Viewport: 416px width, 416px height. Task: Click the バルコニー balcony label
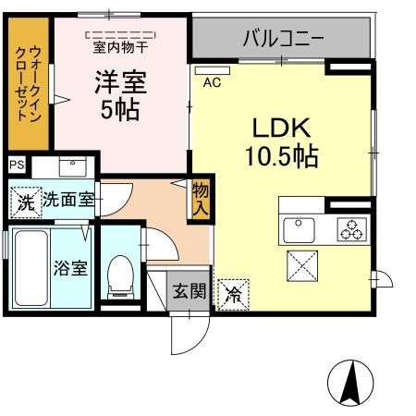tap(283, 38)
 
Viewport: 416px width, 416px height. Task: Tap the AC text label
tap(212, 82)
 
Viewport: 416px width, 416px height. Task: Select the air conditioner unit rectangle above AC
tap(213, 70)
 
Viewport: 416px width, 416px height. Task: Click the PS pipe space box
tap(17, 165)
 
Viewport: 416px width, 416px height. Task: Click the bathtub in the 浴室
tap(31, 268)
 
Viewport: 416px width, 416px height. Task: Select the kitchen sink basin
tap(299, 230)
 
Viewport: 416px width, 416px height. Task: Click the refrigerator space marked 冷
tap(233, 295)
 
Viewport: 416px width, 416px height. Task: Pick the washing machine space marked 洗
tap(26, 202)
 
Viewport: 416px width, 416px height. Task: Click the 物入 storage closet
tap(201, 199)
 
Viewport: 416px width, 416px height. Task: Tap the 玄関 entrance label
tap(189, 291)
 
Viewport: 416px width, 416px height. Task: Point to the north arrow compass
tap(350, 383)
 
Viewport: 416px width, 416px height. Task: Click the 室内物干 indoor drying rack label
tap(120, 47)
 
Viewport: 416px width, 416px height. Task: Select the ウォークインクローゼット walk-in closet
tap(29, 84)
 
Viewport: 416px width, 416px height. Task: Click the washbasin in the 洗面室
tap(72, 166)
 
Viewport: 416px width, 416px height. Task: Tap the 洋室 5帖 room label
tap(120, 95)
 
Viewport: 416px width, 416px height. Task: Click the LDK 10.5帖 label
tap(282, 142)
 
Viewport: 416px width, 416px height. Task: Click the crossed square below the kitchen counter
tap(302, 266)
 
